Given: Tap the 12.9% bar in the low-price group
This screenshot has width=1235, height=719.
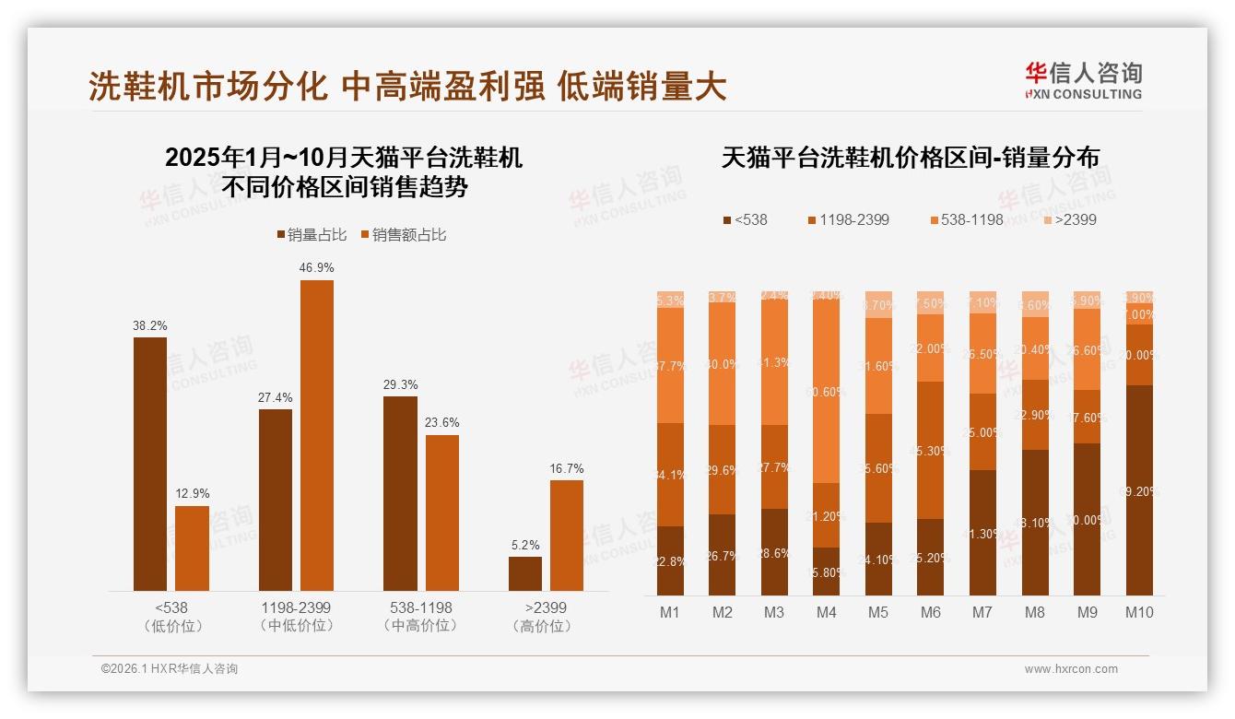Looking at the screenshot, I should click(192, 548).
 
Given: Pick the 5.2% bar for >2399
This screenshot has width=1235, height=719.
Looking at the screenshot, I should click(525, 573).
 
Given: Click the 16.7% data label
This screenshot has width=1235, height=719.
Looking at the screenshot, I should click(566, 468).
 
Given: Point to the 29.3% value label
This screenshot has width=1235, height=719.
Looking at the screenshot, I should click(400, 384).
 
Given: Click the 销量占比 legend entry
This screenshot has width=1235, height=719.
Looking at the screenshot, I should click(312, 235).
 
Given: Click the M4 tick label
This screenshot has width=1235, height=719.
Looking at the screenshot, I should click(827, 612).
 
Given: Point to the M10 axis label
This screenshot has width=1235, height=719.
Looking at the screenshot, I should click(1139, 612).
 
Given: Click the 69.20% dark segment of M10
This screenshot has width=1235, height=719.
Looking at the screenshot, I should click(1139, 489).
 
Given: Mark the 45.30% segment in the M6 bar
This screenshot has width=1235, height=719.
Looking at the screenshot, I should click(931, 450).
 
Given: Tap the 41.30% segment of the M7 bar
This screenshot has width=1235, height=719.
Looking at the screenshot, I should click(982, 533).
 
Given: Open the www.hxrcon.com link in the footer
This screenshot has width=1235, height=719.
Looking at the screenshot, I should click(1070, 669).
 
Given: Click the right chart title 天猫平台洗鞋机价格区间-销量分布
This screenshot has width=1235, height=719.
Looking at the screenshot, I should click(910, 158).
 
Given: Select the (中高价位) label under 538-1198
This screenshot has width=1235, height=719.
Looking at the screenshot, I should click(420, 626).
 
